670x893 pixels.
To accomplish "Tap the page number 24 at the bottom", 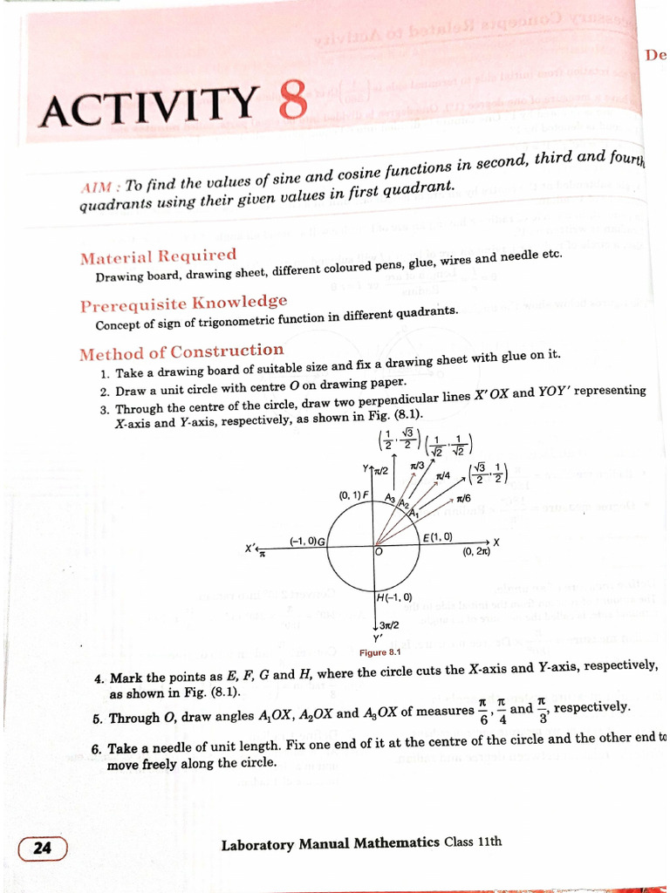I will click(x=42, y=848).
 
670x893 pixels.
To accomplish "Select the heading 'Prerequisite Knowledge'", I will click(x=183, y=304).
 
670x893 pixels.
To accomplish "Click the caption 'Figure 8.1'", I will click(x=379, y=652).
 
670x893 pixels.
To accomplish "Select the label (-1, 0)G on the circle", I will click(x=307, y=541).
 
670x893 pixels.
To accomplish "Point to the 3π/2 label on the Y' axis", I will click(x=389, y=625).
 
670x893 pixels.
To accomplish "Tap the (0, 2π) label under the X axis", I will click(x=477, y=551).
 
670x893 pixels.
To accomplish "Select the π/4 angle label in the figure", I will click(x=443, y=476).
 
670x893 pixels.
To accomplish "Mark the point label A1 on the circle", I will click(x=413, y=514).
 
